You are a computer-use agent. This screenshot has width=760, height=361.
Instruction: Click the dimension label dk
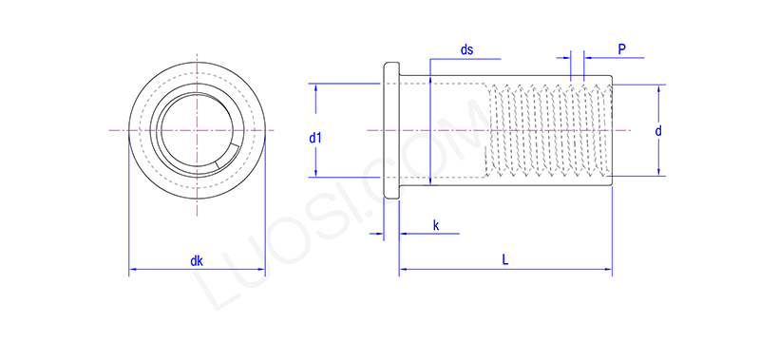197,260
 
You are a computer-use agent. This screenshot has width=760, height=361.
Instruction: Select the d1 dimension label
315,138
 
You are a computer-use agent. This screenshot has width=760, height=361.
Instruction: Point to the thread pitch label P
621,47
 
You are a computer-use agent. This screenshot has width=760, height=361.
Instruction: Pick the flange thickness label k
435,224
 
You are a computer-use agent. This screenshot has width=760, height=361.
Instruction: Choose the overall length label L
504,259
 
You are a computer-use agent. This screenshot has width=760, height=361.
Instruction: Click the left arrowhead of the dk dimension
132,271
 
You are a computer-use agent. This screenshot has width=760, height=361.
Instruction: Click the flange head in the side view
390,130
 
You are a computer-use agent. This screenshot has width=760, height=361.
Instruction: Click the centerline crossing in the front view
197,129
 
